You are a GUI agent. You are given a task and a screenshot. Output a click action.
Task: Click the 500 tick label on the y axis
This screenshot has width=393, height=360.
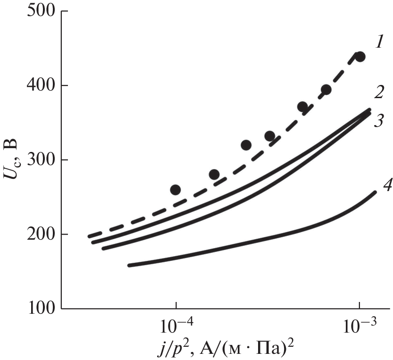tap(40, 11)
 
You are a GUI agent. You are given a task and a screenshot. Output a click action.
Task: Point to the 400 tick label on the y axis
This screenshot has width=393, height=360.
tap(40, 86)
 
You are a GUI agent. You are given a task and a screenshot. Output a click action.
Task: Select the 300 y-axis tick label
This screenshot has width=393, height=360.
tap(40, 160)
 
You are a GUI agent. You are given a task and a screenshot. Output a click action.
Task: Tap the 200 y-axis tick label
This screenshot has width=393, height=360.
tap(40, 234)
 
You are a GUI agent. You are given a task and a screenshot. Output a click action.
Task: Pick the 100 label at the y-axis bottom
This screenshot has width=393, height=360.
tap(40, 309)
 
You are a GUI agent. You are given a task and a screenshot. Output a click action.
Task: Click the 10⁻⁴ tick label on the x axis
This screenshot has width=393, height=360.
tap(176, 326)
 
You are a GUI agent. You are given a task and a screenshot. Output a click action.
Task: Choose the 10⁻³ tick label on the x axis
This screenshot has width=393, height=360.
tap(360, 326)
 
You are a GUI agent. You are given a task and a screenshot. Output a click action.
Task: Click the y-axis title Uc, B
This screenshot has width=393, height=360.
tap(13, 160)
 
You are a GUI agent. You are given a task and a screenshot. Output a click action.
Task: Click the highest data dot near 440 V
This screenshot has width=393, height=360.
tap(360, 57)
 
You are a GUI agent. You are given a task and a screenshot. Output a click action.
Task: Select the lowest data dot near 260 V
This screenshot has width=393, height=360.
tap(176, 190)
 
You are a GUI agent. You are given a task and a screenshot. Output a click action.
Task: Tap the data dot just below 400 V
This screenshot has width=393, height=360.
tap(326, 90)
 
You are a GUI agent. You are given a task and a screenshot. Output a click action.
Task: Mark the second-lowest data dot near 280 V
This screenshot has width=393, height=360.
tap(214, 175)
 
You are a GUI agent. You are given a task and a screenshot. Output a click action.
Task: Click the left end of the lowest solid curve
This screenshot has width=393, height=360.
tap(129, 265)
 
